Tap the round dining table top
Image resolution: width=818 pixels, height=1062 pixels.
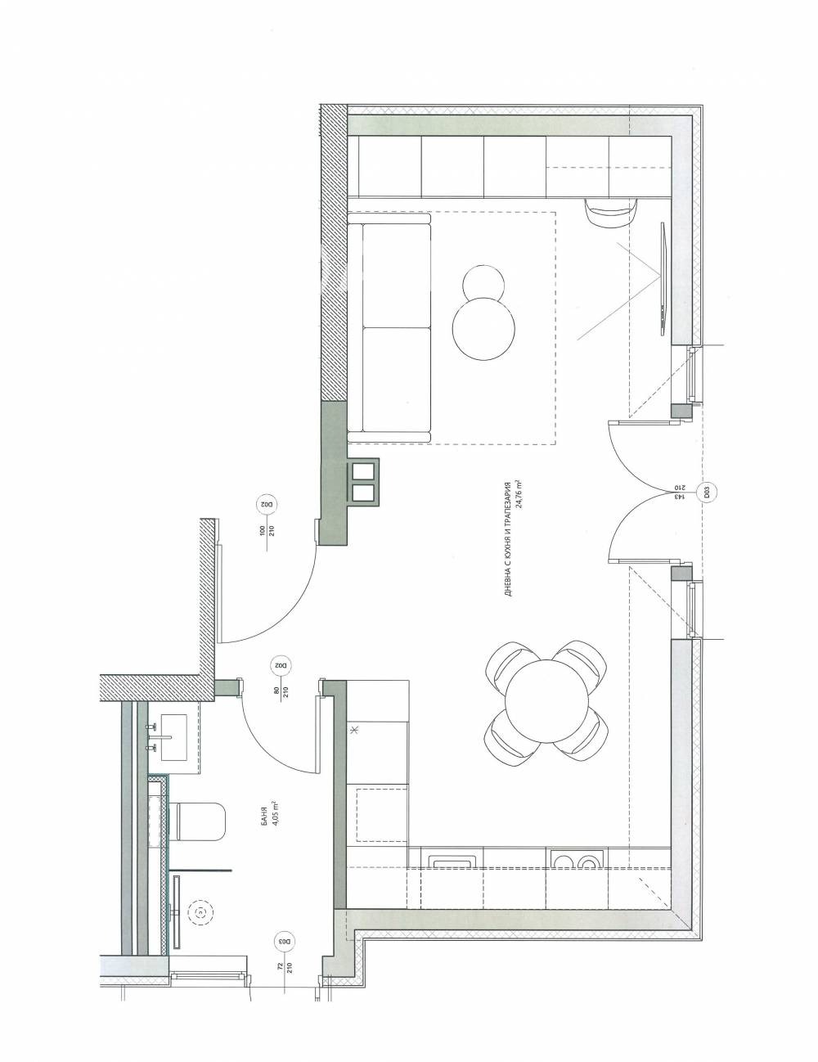point(546,702)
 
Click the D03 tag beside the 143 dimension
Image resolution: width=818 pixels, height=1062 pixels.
point(702,493)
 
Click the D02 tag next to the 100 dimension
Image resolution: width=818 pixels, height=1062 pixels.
point(264,505)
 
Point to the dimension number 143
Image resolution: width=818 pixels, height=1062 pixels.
point(677,493)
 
